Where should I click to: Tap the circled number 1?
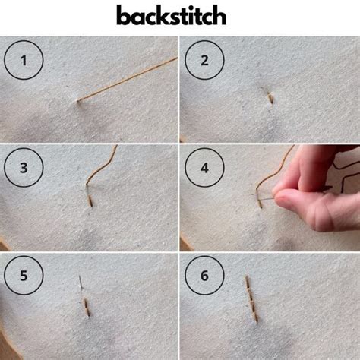pyautogui.click(x=24, y=59)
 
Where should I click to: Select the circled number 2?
pyautogui.click(x=204, y=59)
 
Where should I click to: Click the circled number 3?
pyautogui.click(x=24, y=168)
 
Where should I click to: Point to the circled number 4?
pyautogui.click(x=204, y=168)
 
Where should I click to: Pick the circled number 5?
pyautogui.click(x=24, y=276)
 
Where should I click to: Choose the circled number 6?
pyautogui.click(x=204, y=276)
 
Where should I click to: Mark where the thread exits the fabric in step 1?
pyautogui.click(x=78, y=99)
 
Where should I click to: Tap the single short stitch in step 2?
pyautogui.click(x=270, y=97)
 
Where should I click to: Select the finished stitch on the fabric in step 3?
pyautogui.click(x=90, y=200)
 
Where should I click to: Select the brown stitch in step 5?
pyautogui.click(x=85, y=307)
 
